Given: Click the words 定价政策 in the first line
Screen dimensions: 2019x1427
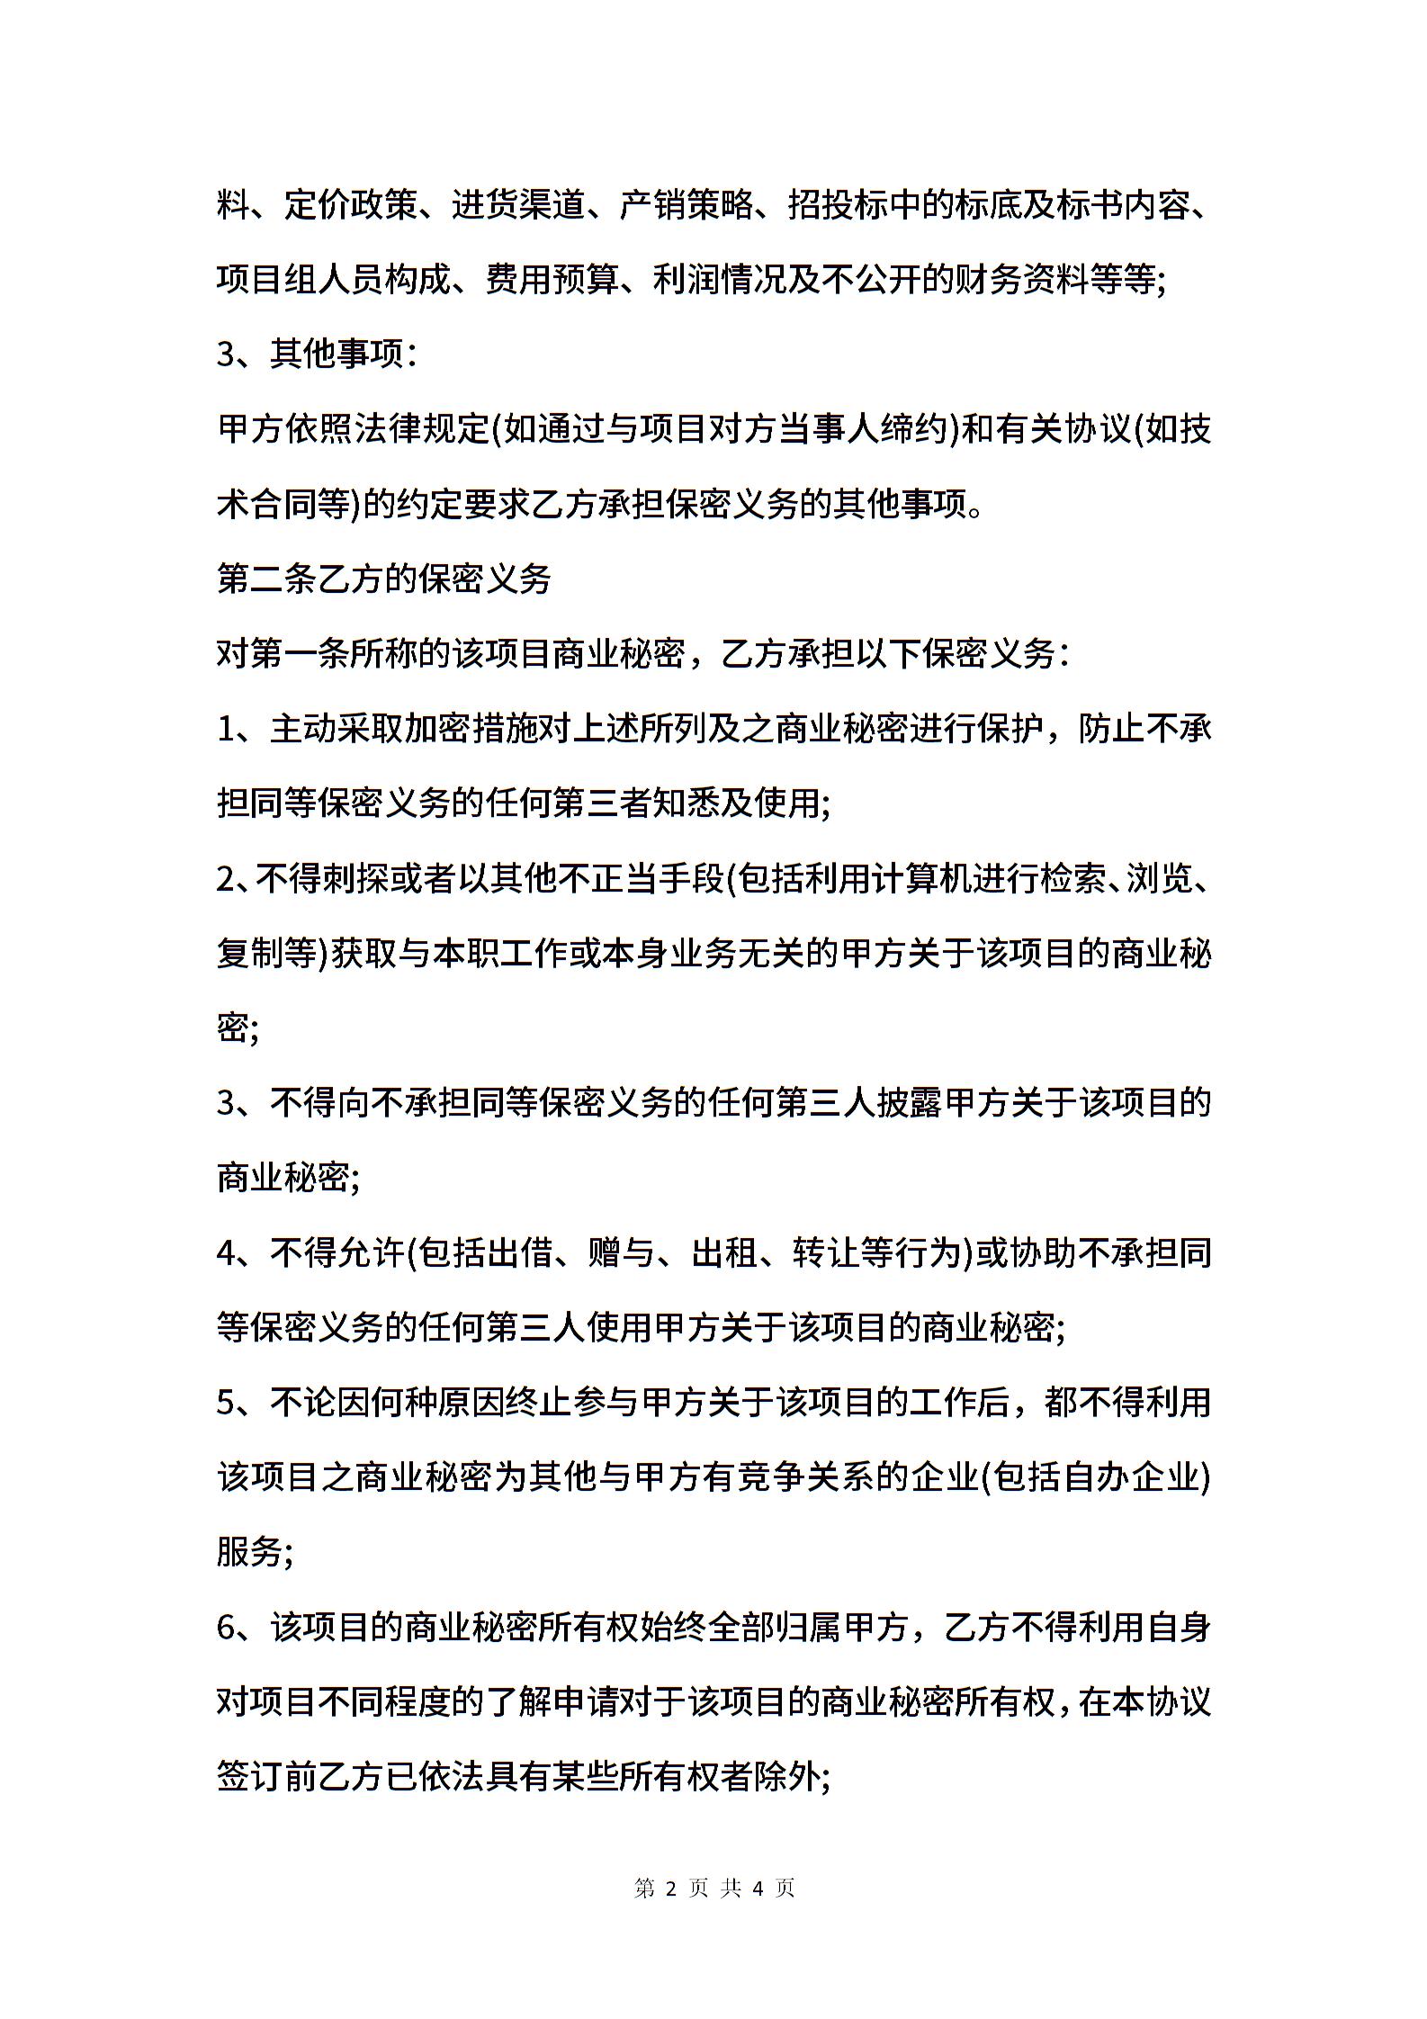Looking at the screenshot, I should point(352,206).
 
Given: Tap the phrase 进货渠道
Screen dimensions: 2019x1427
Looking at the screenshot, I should point(519,206).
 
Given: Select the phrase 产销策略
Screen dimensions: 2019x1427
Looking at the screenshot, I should point(687,206).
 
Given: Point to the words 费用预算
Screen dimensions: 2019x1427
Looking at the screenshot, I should point(552,281).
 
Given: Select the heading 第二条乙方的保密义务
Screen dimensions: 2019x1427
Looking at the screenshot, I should point(384,579).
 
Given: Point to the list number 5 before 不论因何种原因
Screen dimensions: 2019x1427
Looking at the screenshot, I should point(226,1402).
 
